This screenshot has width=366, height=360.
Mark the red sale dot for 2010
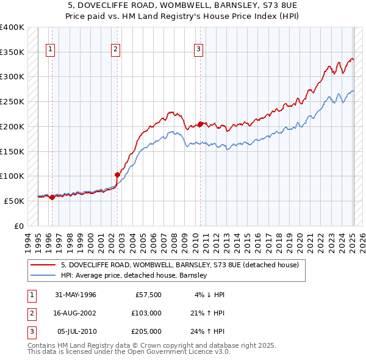pyautogui.click(x=200, y=124)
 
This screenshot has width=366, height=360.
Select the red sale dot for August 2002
pyautogui.click(x=117, y=175)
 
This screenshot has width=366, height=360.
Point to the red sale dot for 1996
pyautogui.click(x=52, y=197)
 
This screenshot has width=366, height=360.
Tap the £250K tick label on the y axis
pyautogui.click(x=12, y=101)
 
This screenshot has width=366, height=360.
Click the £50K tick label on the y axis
pyautogui.click(x=13, y=201)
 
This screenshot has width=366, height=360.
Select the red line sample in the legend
pyautogui.click(x=43, y=265)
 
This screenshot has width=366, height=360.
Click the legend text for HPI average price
pyautogui.click(x=134, y=276)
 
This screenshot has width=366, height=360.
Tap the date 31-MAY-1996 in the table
pyautogui.click(x=76, y=295)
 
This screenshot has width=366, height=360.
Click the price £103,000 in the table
pyautogui.click(x=146, y=313)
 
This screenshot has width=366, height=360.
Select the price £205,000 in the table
pyautogui.click(x=146, y=331)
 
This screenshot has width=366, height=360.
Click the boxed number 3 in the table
pyautogui.click(x=31, y=331)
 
